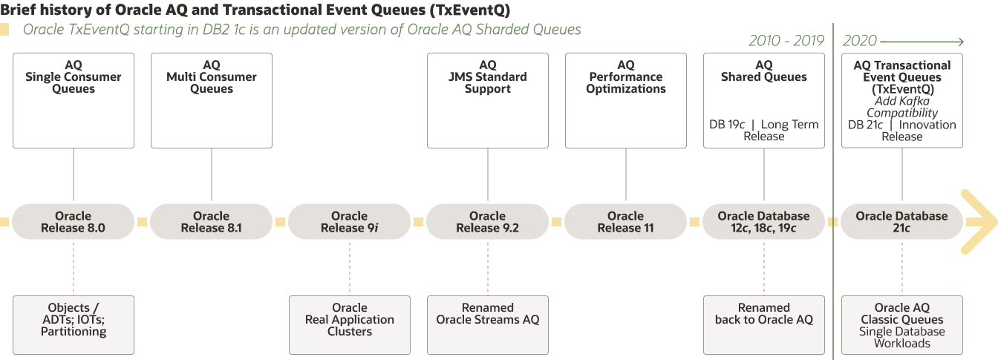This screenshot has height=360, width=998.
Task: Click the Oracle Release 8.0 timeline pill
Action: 74,222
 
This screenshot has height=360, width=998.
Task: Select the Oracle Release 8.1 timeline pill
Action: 212,222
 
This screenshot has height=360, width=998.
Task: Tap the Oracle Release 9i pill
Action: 349,222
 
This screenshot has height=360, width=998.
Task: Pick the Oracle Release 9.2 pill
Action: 488,222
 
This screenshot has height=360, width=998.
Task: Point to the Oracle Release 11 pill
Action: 626,222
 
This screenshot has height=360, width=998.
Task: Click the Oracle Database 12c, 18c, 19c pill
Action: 763,222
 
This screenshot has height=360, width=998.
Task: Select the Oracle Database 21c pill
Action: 901,222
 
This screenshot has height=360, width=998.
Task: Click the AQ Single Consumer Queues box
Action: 74,100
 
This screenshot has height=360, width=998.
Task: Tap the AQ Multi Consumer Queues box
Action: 212,100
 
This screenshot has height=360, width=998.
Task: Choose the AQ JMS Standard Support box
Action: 488,100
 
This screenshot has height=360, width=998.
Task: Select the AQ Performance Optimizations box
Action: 626,100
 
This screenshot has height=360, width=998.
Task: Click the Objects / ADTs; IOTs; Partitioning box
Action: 74,324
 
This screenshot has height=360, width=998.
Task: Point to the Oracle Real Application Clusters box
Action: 349,324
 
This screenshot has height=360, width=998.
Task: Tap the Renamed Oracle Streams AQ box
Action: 488,324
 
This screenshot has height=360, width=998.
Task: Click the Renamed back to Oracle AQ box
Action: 763,324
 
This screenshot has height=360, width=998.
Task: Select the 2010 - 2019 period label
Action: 786,41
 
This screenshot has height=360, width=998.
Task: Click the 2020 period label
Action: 860,41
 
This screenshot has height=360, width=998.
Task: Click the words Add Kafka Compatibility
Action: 902,107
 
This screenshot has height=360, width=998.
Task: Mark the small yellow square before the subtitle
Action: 5,30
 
